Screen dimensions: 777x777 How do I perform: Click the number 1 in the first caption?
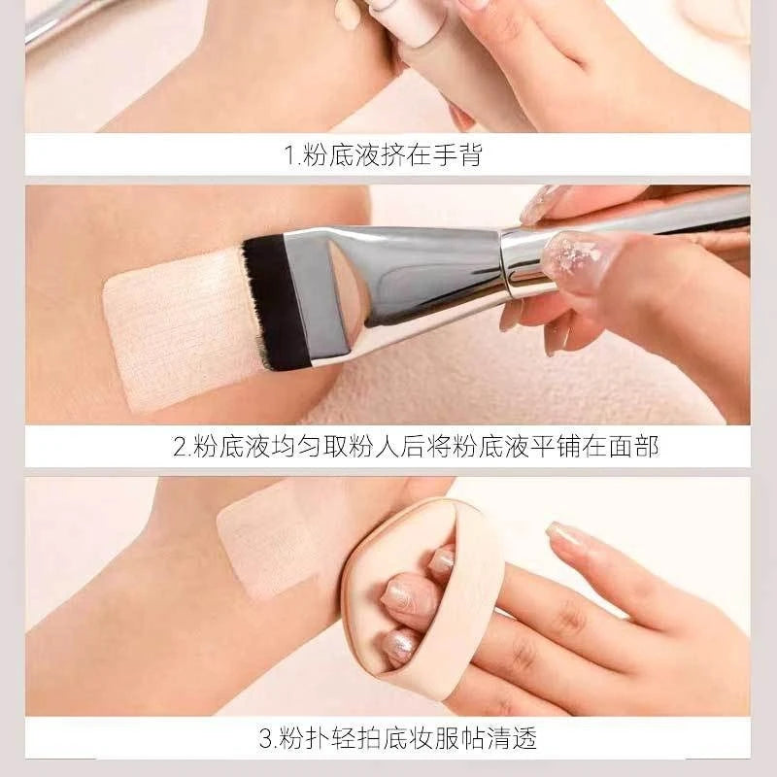click(x=288, y=154)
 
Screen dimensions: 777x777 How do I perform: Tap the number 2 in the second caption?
click(x=180, y=447)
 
